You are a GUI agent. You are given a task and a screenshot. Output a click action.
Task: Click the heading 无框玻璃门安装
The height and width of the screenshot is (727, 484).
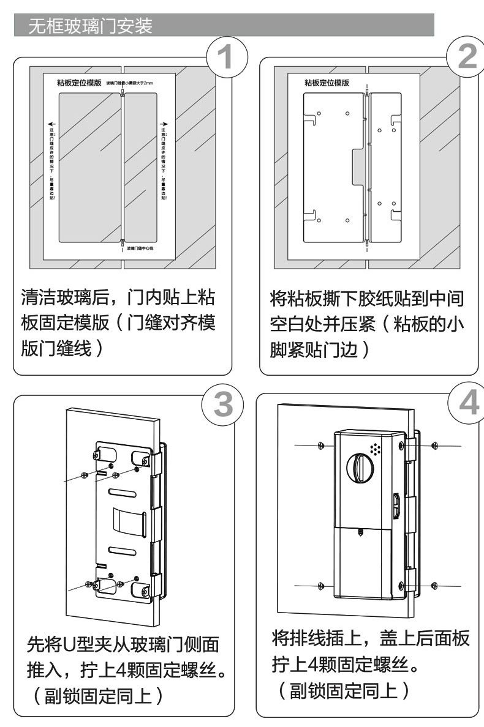[x=91, y=27]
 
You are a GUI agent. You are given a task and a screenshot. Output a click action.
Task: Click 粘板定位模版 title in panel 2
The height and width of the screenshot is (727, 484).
[x=327, y=83]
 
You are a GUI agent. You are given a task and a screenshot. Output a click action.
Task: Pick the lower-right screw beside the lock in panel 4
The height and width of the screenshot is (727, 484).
[x=433, y=586]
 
